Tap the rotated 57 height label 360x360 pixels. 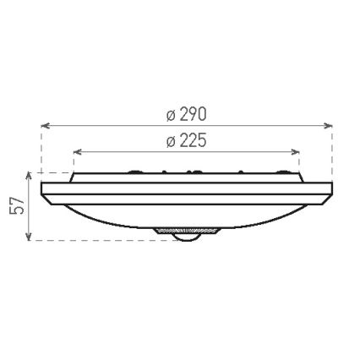point(15,207)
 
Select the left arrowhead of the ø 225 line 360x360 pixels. point(76,151)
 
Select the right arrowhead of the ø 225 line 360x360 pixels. point(297,151)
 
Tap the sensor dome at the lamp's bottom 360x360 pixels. point(187,237)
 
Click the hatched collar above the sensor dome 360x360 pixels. point(187,228)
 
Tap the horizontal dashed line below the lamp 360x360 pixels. point(101,241)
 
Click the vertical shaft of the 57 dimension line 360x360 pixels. point(30,207)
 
